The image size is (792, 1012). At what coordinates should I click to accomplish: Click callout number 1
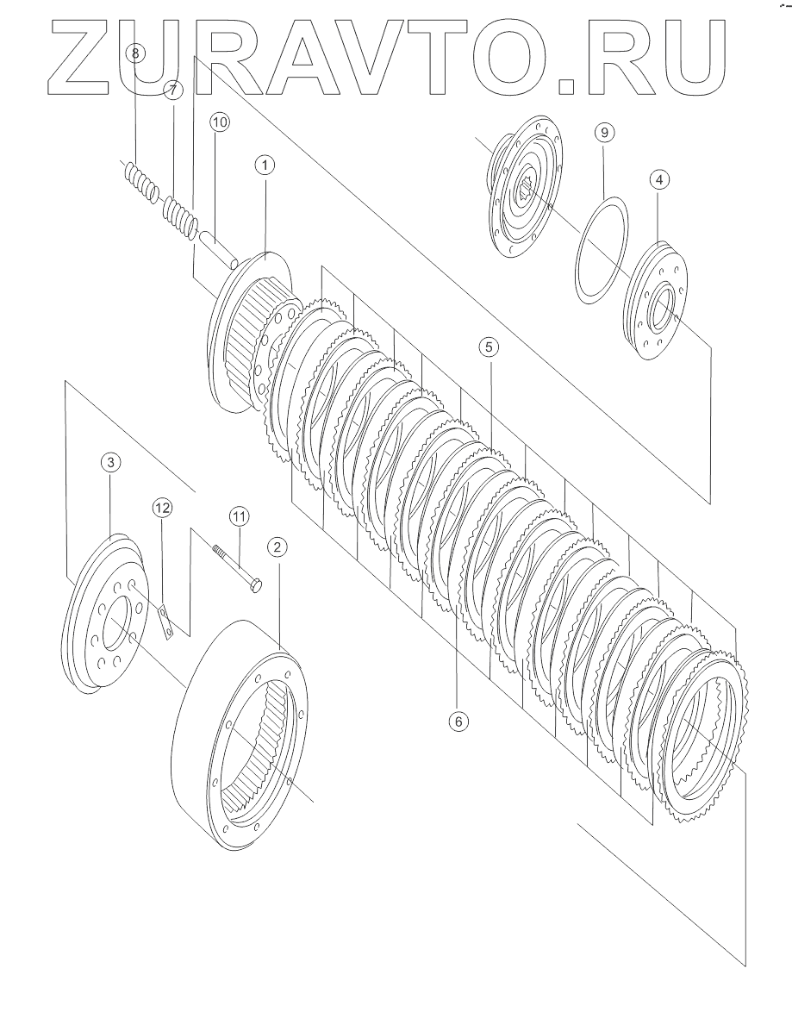coord(264,164)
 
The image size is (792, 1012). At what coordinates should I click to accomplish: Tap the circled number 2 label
coord(276,547)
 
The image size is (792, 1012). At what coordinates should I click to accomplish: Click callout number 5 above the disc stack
coord(488,347)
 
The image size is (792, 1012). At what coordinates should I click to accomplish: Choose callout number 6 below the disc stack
coord(458,720)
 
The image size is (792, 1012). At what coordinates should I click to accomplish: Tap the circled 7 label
coord(172,90)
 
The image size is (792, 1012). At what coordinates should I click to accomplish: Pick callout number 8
coord(134,53)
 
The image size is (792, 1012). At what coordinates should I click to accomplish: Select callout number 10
coord(219,122)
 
